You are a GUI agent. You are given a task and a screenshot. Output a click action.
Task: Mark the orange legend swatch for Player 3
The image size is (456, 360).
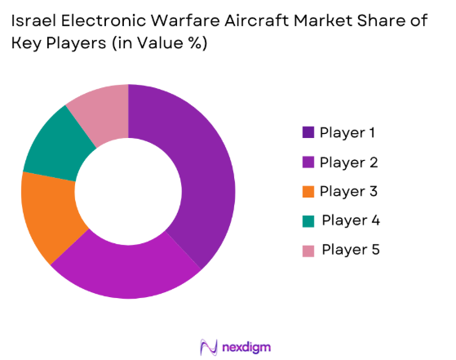point(308,191)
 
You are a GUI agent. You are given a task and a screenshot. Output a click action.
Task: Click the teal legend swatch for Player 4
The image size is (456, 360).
point(308,220)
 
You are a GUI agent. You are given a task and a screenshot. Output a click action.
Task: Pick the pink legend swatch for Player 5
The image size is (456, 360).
point(308,249)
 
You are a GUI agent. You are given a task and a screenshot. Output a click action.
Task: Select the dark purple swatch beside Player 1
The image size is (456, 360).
point(308,132)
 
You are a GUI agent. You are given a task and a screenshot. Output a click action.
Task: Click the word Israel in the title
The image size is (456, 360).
point(36,23)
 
